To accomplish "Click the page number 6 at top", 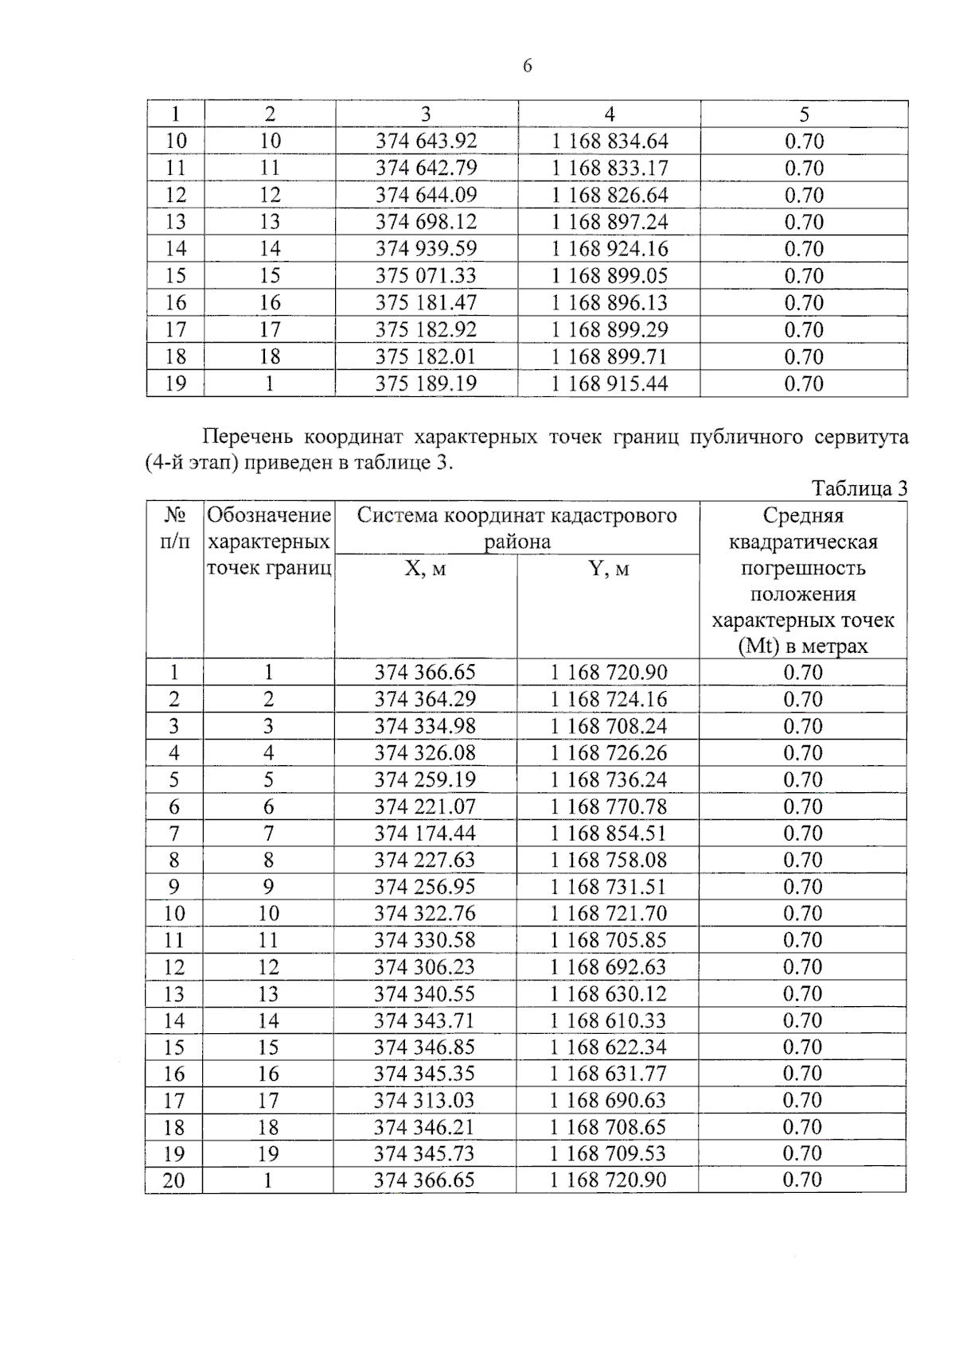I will pyautogui.click(x=528, y=66).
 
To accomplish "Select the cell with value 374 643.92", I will pyautogui.click(x=426, y=141).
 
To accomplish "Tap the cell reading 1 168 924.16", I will pyautogui.click(x=610, y=248).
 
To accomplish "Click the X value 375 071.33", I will pyautogui.click(x=426, y=275).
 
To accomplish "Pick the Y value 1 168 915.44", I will pyautogui.click(x=610, y=383).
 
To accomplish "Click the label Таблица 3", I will pyautogui.click(x=859, y=488).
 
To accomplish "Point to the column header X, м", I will pyautogui.click(x=425, y=569).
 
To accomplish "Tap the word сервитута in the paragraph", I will pyautogui.click(x=861, y=437).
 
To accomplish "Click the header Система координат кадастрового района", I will pyautogui.click(x=516, y=528).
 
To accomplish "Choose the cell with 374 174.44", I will pyautogui.click(x=425, y=833).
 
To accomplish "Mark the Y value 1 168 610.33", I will pyautogui.click(x=609, y=1020).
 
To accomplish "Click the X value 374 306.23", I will pyautogui.click(x=425, y=966).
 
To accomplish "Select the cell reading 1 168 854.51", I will pyautogui.click(x=609, y=833).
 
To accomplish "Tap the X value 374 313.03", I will pyautogui.click(x=425, y=1100).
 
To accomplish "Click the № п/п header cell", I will pyautogui.click(x=174, y=528).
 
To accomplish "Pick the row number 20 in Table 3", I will pyautogui.click(x=173, y=1180).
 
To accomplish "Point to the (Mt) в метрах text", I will pyautogui.click(x=802, y=646).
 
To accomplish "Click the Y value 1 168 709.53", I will pyautogui.click(x=609, y=1153).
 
